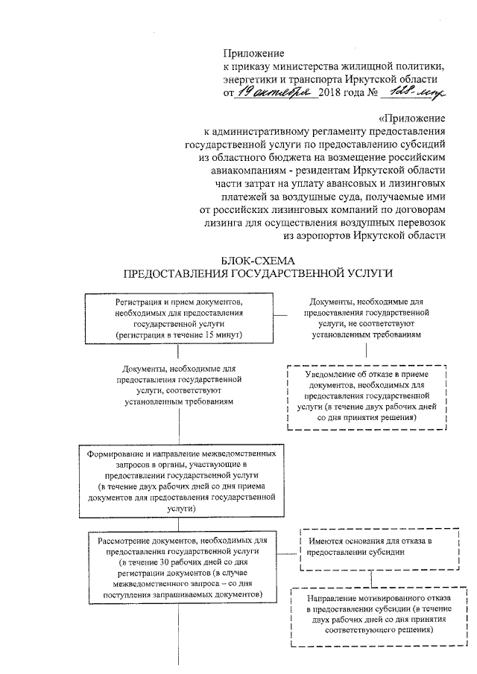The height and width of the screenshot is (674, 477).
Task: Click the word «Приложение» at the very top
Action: tap(254, 53)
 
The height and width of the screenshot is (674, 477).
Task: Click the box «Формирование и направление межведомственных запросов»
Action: tap(183, 481)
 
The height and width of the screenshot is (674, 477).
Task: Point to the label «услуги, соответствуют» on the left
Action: tap(177, 390)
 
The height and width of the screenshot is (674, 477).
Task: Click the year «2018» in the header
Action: tap(330, 94)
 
